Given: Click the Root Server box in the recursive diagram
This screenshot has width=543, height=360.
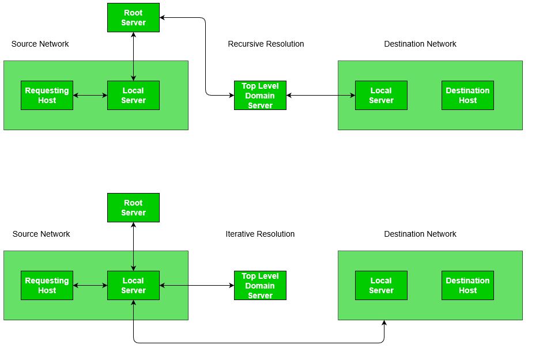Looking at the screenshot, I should pos(133,17).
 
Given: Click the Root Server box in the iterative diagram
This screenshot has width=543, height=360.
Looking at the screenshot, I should pos(133,207).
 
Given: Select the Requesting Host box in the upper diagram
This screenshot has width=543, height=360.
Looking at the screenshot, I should pos(47,95).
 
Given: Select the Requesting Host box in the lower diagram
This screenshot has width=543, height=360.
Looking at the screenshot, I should pos(47,285).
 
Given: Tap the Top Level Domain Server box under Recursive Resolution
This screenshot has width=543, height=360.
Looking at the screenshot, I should pos(260,95).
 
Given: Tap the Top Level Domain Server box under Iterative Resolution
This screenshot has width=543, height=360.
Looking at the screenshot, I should pos(260,285).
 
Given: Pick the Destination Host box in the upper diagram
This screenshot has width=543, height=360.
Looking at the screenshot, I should pos(467,95).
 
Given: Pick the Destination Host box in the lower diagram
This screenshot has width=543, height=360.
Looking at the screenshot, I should pos(467,285).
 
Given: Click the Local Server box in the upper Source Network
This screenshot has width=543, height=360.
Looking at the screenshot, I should pos(133,95).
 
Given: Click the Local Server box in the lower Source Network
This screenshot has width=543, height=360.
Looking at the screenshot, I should pos(133,285).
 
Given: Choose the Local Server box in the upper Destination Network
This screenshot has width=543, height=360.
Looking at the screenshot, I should pos(381,95).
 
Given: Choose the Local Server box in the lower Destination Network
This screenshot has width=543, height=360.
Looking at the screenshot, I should pos(381,285).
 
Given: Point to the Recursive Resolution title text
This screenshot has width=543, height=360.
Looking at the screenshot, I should pos(266,44).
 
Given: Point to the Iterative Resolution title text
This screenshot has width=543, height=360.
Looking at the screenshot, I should pos(260,234).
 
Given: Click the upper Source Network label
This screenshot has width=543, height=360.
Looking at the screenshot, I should pos(40,44).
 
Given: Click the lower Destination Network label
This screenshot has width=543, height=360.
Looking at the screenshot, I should pos(420,234).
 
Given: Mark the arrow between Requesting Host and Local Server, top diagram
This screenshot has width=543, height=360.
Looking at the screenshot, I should pos(90,95).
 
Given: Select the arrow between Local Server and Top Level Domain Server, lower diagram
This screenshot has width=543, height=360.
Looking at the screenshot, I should pos(197,285).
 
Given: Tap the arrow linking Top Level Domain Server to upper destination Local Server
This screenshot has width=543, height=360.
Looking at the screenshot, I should pos(320,95).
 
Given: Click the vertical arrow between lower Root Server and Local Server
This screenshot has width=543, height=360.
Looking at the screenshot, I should pos(133,247).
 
